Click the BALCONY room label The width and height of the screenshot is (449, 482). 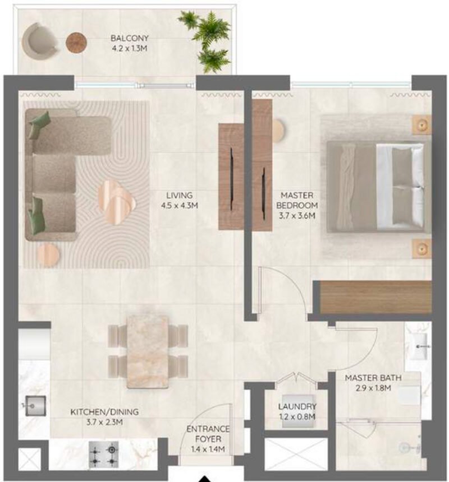coord(129,38)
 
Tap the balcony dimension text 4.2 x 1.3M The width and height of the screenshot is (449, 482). coord(129,49)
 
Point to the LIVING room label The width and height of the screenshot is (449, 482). coord(180,195)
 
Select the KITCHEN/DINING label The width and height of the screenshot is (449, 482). coord(104,412)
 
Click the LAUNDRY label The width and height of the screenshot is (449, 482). coord(297,406)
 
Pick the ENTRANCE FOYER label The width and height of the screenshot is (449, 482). coord(208,434)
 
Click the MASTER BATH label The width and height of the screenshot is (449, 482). coord(373,378)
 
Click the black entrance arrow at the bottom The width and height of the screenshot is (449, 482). coord(207,479)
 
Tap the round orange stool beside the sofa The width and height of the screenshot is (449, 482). coord(48,255)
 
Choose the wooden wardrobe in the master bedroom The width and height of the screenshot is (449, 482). coord(372,297)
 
